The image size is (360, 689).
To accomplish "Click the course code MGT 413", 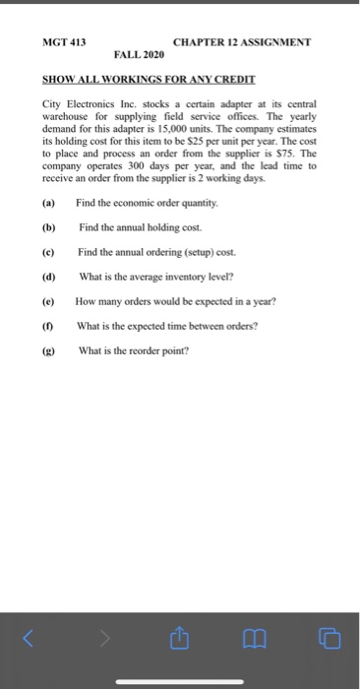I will click(x=65, y=43).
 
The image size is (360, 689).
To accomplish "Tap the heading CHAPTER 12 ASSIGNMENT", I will click(x=240, y=43).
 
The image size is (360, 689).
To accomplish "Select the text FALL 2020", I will click(x=139, y=57).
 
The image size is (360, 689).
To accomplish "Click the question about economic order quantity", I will click(x=155, y=202).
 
